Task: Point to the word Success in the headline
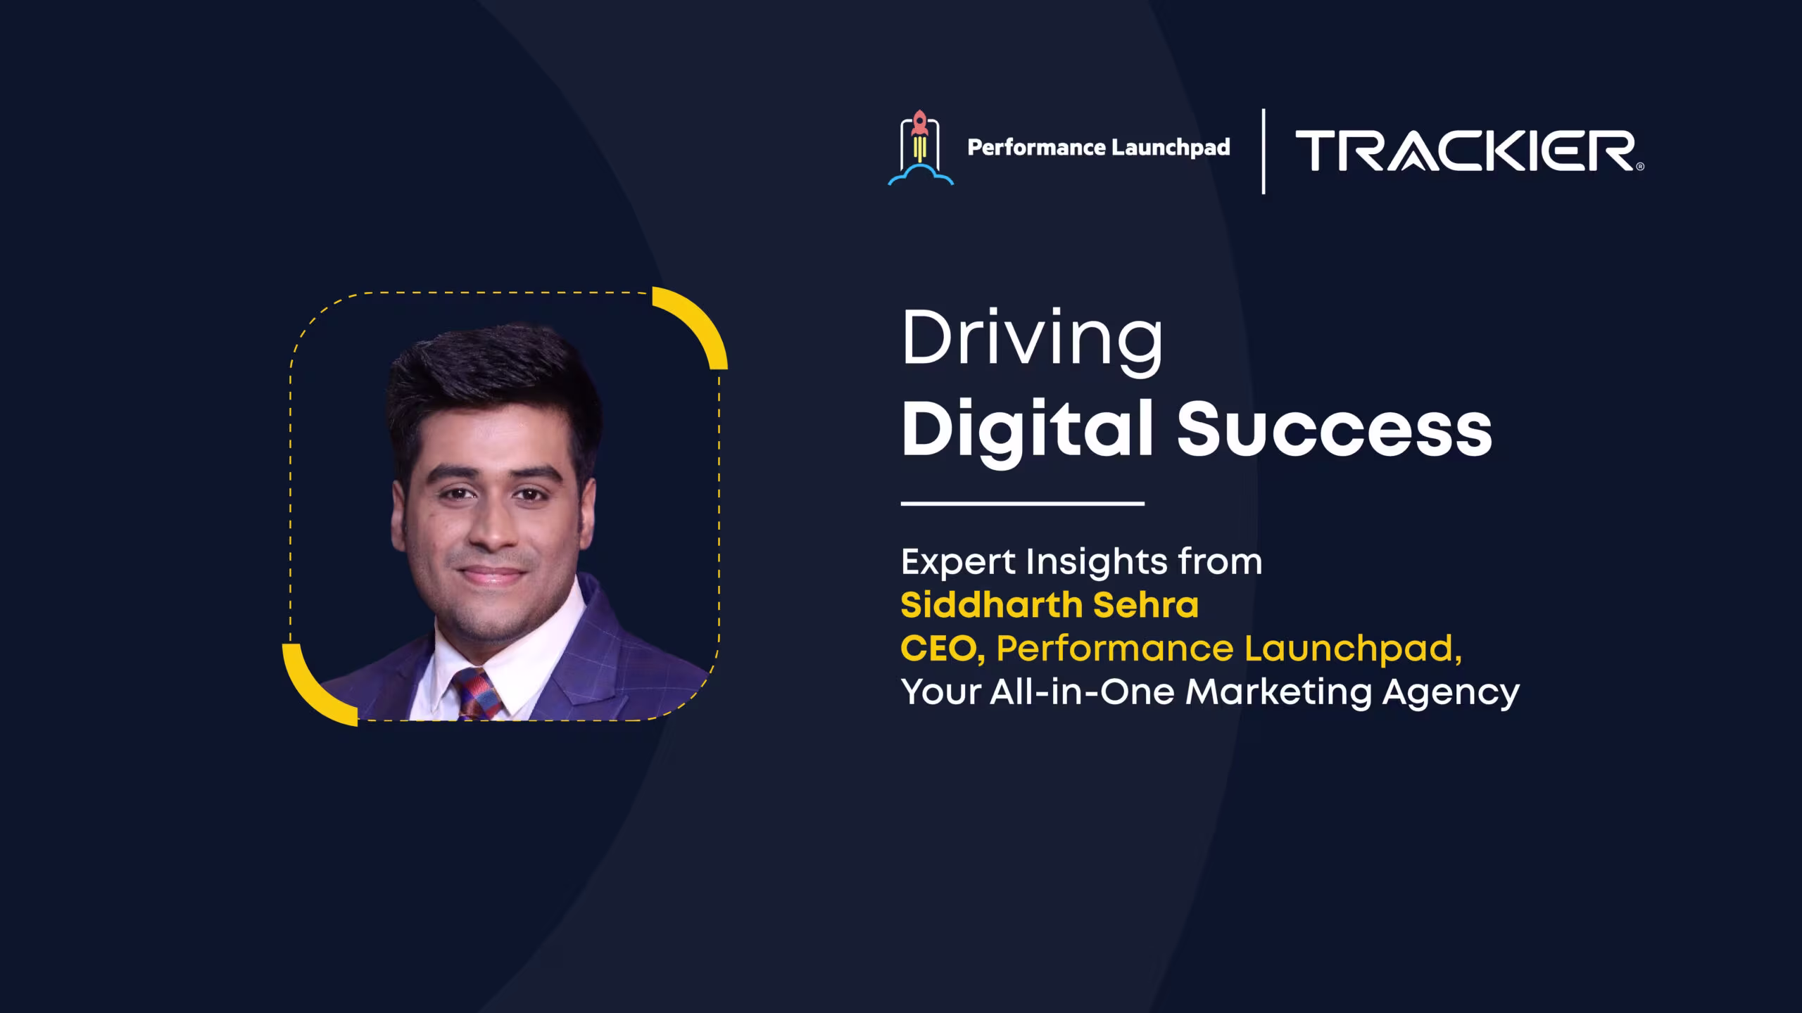[x=1335, y=430]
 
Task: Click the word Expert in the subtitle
[x=959, y=563]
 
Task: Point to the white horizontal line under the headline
[x=1023, y=504]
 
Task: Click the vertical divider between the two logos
[x=1264, y=151]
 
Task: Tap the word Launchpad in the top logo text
[x=1171, y=148]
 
